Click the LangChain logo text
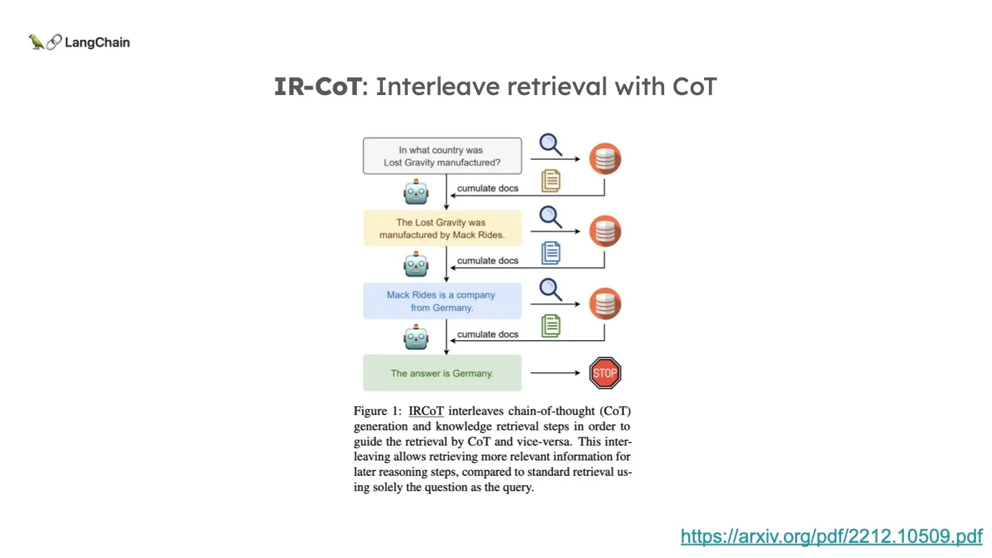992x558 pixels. point(96,43)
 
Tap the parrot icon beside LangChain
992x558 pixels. point(37,42)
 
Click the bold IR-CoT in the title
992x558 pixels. point(317,87)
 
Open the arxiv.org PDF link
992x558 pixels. point(831,536)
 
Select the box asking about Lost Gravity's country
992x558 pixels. point(442,156)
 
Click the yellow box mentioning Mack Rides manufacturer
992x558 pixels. point(442,229)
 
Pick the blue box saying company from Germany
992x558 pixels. point(442,301)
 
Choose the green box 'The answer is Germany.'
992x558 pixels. point(442,373)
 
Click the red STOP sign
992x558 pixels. point(606,373)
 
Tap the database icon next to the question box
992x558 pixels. point(605,159)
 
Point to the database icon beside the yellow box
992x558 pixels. point(605,231)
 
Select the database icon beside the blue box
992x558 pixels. point(605,304)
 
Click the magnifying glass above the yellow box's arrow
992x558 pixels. point(550,217)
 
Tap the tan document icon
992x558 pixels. point(550,180)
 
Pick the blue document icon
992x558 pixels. point(550,253)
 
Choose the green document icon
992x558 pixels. point(550,325)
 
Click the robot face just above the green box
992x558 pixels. point(415,338)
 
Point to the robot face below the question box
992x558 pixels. point(415,192)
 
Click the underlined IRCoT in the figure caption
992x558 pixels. point(426,411)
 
